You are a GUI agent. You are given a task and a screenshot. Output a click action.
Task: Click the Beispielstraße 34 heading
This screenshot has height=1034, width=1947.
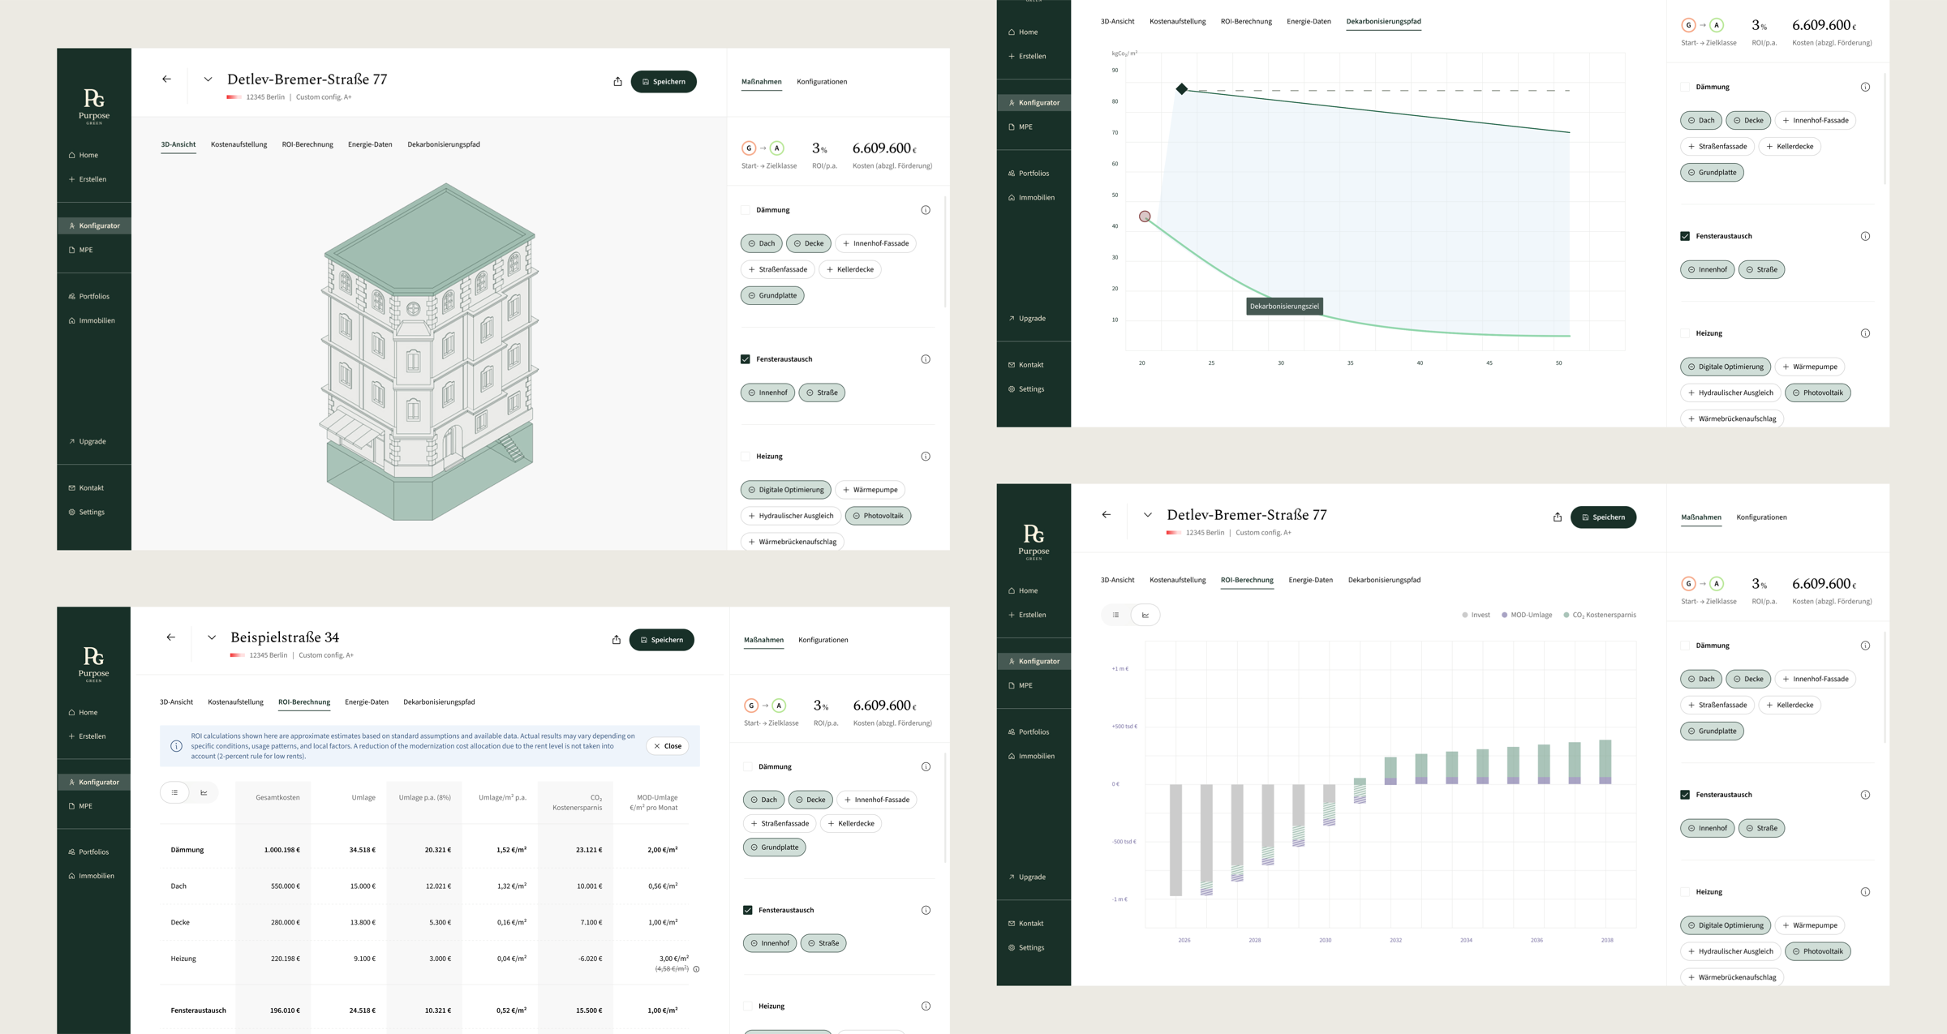(284, 637)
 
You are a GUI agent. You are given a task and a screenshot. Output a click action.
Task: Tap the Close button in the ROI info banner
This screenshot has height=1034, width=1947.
(668, 746)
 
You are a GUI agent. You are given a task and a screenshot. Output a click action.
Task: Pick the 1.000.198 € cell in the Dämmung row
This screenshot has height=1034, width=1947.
(282, 850)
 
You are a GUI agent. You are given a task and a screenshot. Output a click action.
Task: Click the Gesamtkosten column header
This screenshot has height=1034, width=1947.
(277, 798)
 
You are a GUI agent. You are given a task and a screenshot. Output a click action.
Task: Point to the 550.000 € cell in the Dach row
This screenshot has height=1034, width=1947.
(285, 886)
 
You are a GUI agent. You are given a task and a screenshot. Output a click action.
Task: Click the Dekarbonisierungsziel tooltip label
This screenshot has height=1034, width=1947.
(1284, 307)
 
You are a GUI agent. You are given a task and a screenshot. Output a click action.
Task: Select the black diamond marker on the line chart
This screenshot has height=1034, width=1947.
(1182, 89)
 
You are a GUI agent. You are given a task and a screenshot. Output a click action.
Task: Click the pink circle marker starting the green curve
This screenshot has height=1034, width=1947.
(1145, 217)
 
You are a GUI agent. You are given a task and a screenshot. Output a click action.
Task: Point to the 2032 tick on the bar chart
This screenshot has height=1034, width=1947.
(1395, 941)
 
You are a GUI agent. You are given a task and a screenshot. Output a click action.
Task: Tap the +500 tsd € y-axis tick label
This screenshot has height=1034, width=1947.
(1124, 727)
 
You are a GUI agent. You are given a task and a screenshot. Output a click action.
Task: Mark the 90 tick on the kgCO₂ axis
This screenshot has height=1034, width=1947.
(1115, 71)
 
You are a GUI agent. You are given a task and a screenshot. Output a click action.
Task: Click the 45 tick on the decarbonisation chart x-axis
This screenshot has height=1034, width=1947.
(1489, 363)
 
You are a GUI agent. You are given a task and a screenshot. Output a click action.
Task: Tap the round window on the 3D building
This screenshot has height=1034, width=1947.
(413, 309)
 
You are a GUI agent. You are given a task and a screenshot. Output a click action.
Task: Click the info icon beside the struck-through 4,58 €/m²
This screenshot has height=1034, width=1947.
(697, 969)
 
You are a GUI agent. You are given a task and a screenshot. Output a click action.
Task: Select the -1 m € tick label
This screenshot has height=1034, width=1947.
(1120, 899)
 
